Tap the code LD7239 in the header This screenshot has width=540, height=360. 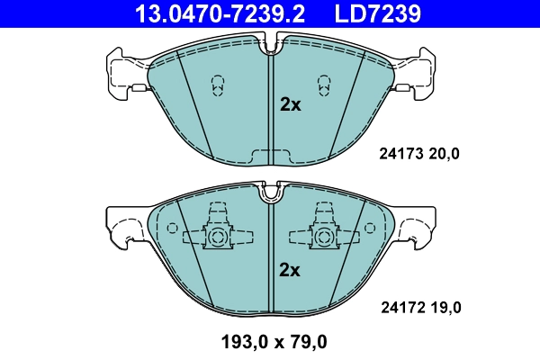(380, 13)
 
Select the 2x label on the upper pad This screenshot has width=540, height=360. (289, 104)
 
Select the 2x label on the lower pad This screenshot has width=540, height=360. (289, 269)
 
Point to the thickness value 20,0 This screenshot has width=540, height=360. (443, 154)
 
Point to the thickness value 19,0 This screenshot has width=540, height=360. (443, 308)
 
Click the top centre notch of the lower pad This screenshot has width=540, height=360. (270, 191)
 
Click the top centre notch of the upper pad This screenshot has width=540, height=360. (271, 45)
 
